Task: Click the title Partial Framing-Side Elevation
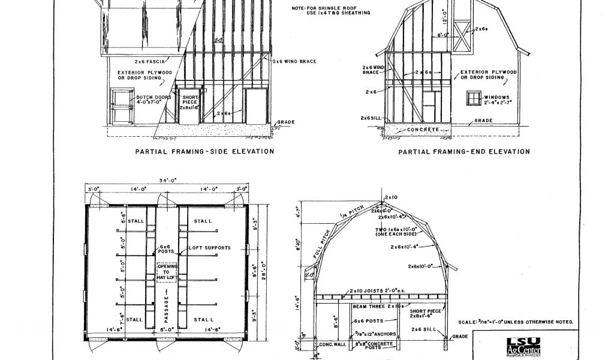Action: pos(204,152)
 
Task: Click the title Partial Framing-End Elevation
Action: pos(464,152)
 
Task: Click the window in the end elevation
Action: pos(475,99)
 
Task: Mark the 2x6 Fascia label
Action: pos(151,61)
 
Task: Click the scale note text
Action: pos(515,322)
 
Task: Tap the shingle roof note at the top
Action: pos(330,10)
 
